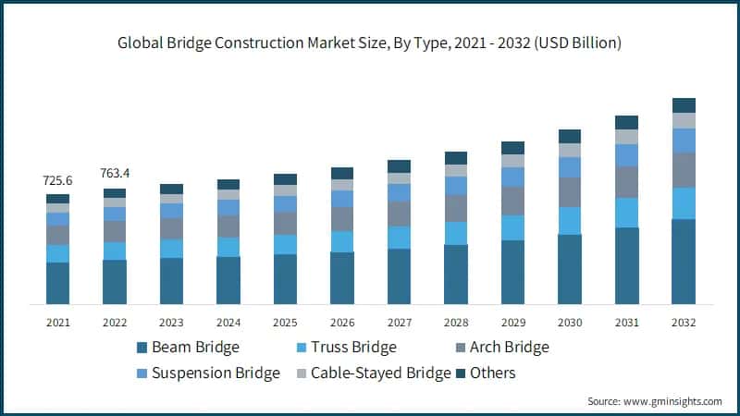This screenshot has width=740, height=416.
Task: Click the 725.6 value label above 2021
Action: [x=57, y=180]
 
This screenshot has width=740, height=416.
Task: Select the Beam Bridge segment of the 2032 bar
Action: [x=684, y=262]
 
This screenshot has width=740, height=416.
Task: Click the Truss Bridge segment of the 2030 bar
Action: [x=570, y=221]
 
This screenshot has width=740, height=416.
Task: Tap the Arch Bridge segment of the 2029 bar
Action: [x=512, y=201]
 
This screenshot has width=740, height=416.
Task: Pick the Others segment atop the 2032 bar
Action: [x=684, y=105]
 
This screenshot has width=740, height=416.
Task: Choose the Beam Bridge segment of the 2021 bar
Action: [x=57, y=283]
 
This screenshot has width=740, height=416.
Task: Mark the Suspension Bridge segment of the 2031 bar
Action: [x=627, y=155]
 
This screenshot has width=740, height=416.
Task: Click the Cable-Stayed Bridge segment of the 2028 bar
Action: [x=456, y=171]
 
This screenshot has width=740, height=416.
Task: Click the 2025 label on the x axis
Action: [x=285, y=323]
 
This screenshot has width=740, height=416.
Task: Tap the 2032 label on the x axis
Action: [x=684, y=323]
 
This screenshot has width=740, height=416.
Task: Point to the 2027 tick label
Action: [x=399, y=323]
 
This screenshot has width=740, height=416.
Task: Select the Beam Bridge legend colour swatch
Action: [x=142, y=348]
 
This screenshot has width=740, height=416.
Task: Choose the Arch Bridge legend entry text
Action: [x=509, y=348]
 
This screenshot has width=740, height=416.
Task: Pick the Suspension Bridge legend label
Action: [x=216, y=373]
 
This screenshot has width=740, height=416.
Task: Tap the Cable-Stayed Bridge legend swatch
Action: [x=299, y=373]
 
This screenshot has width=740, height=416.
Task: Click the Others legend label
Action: [x=492, y=373]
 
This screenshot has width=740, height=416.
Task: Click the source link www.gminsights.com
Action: [x=675, y=401]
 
